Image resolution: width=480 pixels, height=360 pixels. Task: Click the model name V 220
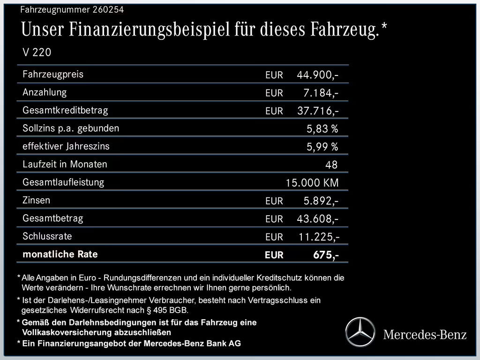[x=37, y=52]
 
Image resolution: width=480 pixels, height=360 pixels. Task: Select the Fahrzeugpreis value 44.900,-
[x=318, y=75]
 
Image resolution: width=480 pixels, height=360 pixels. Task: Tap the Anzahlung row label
[x=45, y=92]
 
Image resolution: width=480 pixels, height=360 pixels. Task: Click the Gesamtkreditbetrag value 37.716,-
[x=318, y=111]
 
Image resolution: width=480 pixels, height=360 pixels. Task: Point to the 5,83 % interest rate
[x=322, y=128]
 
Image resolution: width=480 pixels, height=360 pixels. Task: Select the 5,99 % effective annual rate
[x=322, y=147]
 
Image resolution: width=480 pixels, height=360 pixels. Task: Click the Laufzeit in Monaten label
[x=65, y=164]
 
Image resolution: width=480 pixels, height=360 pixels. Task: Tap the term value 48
[x=331, y=165]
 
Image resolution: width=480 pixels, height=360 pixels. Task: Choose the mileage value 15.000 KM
[x=312, y=183]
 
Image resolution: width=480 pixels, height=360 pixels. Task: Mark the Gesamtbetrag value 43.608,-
[x=318, y=219]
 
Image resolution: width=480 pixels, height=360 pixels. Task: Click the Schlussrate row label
[x=47, y=236]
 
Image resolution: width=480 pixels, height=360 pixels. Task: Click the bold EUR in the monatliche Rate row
[x=274, y=255]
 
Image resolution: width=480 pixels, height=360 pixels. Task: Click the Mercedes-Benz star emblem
[x=360, y=331]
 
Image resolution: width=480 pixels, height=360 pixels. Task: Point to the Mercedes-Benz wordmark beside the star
[x=425, y=334]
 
